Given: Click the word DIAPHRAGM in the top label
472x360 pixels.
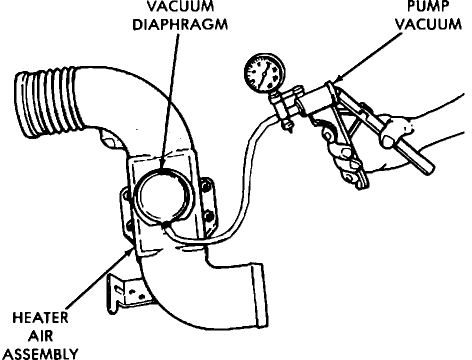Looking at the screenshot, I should (x=180, y=24).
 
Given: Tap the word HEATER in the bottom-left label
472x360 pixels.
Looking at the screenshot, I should (x=40, y=318).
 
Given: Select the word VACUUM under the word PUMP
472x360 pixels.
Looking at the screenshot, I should (x=433, y=24).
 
